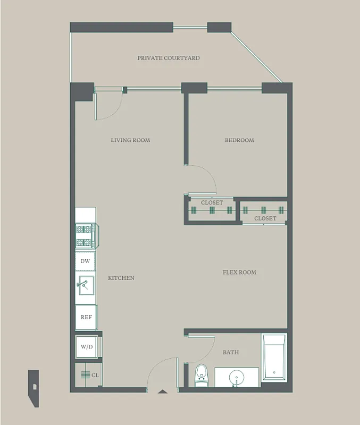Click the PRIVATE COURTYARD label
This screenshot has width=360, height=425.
[169, 58]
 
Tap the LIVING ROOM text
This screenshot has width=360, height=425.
[130, 140]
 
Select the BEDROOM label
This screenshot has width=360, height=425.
[239, 140]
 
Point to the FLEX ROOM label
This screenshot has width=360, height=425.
[239, 272]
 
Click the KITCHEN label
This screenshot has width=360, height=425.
[121, 278]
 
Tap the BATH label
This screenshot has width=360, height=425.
[231, 352]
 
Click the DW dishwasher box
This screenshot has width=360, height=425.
[85, 261]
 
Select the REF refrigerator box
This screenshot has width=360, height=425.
[86, 317]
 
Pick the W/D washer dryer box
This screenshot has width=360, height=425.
[86, 347]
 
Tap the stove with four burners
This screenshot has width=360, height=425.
[85, 236]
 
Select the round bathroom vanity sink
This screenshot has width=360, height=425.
[236, 378]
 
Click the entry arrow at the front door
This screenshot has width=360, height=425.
[163, 392]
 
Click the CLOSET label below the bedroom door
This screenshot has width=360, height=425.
[212, 202]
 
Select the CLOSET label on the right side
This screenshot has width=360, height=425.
[265, 218]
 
